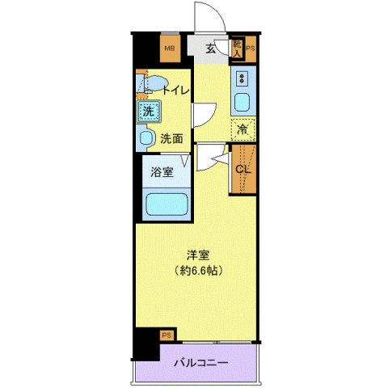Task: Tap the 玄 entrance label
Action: (210, 48)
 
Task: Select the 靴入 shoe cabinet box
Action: (237, 48)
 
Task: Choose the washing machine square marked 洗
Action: (147, 112)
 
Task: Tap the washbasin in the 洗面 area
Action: (145, 138)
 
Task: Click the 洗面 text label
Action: (171, 138)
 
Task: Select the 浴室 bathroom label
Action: (162, 171)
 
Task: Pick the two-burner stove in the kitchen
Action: (242, 79)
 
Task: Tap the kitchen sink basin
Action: (242, 103)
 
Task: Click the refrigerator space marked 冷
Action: (242, 129)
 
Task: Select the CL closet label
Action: (242, 169)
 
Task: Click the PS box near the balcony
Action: (166, 335)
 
